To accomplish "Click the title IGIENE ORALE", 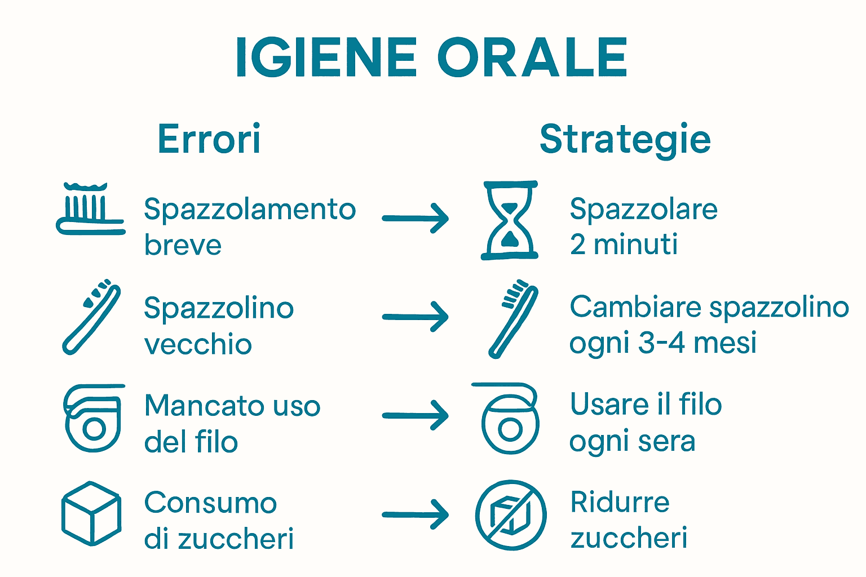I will (x=431, y=57).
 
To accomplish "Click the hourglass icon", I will (x=510, y=220).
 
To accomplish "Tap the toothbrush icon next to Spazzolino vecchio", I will (x=91, y=317).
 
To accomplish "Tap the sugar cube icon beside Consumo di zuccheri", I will (x=91, y=513).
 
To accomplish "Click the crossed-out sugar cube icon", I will (x=510, y=515).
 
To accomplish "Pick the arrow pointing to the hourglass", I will (x=416, y=218).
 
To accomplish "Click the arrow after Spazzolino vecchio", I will (x=416, y=317).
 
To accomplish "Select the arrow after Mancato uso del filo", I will (x=416, y=416).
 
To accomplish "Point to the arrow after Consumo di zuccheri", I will (x=416, y=514).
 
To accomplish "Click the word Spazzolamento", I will (x=250, y=210).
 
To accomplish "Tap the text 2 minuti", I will (x=624, y=245).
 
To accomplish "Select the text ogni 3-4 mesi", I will (x=663, y=343).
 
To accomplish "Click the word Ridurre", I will (x=620, y=501).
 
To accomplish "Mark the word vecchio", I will (x=198, y=344).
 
